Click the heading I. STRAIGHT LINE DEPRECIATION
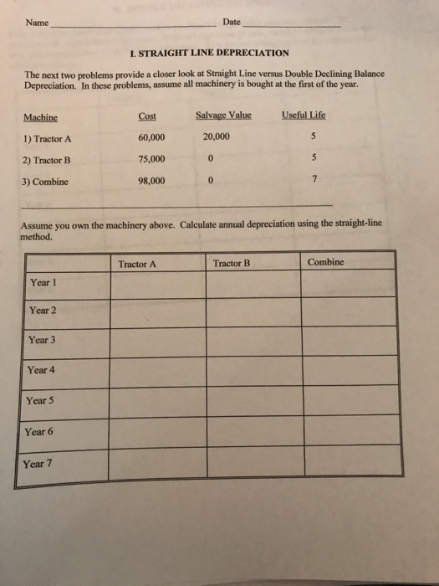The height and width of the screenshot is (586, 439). [x=204, y=53]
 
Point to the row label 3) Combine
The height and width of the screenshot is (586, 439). [x=46, y=181]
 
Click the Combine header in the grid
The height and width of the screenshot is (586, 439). [x=325, y=262]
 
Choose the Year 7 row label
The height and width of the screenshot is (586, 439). [x=38, y=464]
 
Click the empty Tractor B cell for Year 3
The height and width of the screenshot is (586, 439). [x=253, y=342]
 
